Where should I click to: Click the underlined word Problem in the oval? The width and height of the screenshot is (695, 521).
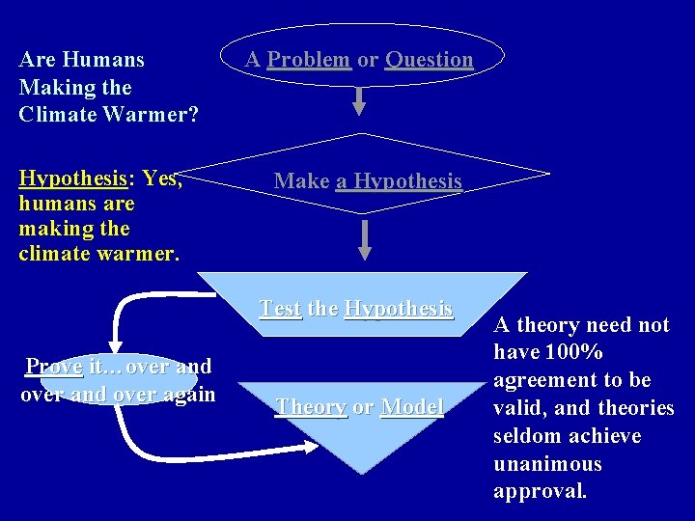coord(308,60)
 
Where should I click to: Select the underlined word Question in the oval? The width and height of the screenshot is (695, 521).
coord(429,60)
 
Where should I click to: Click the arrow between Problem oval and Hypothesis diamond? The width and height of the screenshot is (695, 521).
coord(359,101)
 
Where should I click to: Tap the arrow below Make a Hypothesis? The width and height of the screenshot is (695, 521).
coord(365,240)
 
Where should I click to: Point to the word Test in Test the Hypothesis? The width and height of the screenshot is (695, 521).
coord(280,309)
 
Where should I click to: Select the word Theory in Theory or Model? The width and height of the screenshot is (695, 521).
coord(310,407)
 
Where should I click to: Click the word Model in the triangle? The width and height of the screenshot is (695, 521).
coord(412,407)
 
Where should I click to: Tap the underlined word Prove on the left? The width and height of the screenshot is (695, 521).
coord(54,367)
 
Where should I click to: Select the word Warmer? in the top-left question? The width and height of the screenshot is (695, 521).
coord(152,115)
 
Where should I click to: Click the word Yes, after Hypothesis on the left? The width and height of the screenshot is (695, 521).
coord(162,178)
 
